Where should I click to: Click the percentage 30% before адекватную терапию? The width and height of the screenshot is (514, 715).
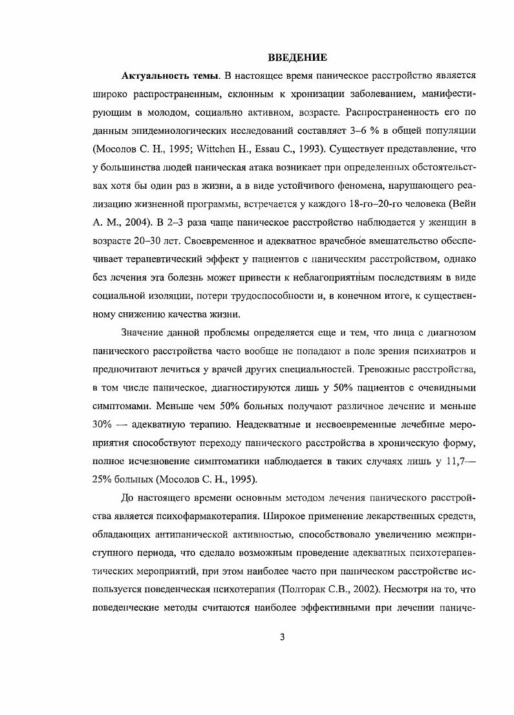[105, 424]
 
